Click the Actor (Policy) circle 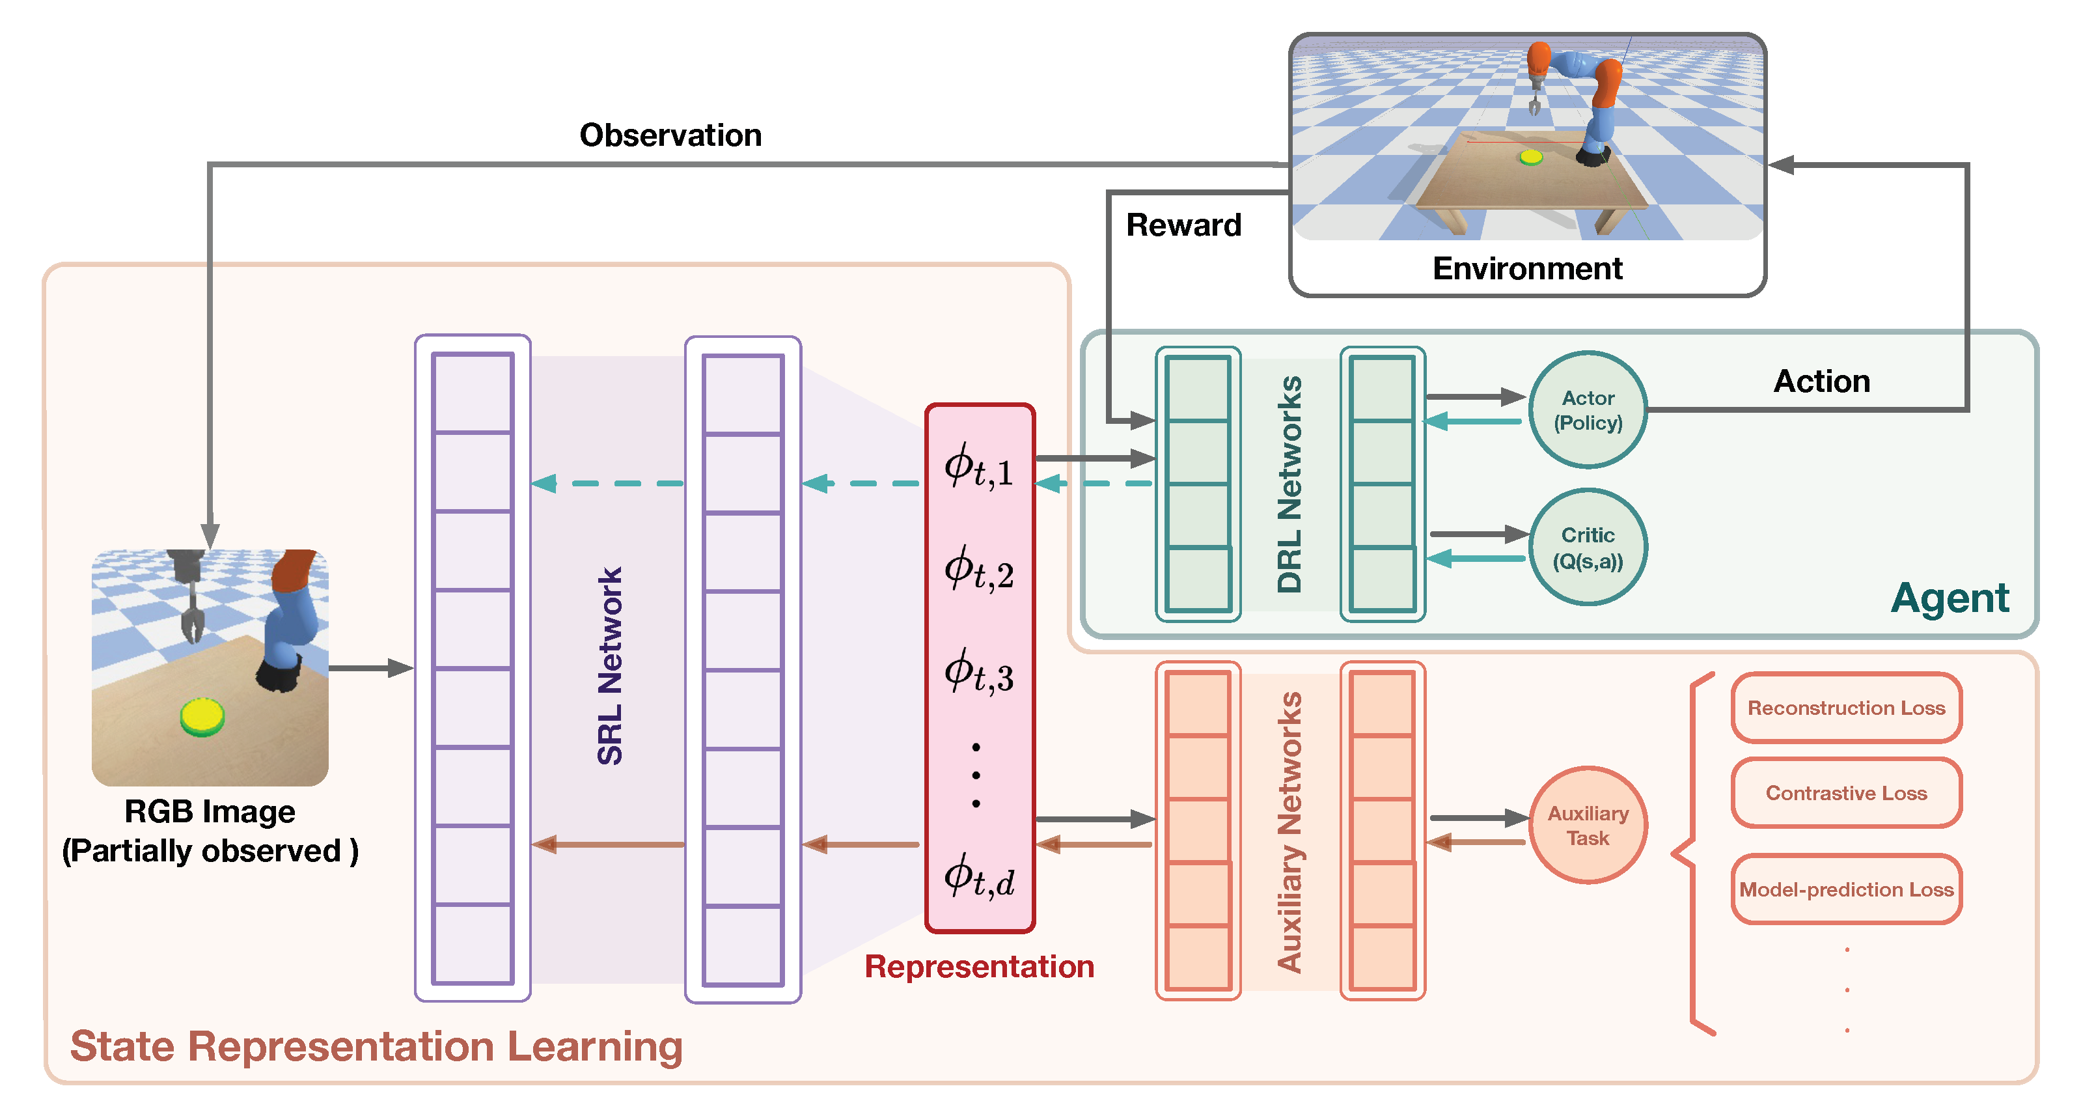coord(1588,410)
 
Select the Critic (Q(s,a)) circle coord(1588,547)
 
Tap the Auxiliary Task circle coord(1588,825)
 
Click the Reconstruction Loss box coord(1846,708)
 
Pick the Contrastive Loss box coord(1846,793)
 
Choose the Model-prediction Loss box coord(1846,889)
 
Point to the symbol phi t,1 coord(978,468)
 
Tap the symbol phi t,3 coord(978,673)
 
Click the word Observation coord(670,135)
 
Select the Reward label coord(1183,225)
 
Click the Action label coord(1822,381)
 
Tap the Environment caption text coord(1527,268)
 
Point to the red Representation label coord(979,967)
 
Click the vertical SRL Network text coord(610,666)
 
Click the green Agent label coord(1950,598)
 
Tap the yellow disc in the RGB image coord(202,716)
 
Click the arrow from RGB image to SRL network coord(372,669)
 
